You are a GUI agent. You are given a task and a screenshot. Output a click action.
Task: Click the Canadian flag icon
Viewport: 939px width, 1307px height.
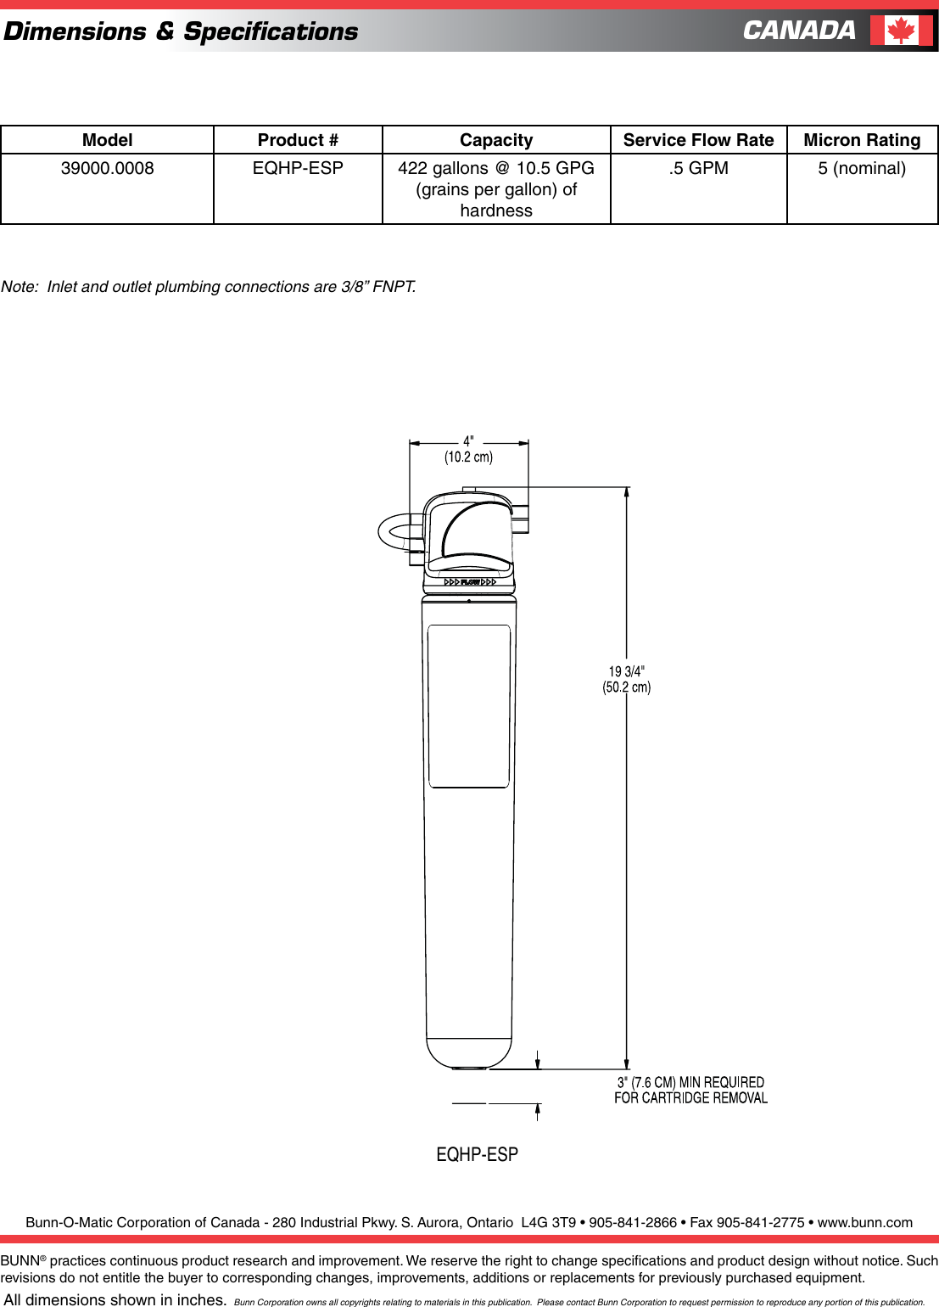point(901,31)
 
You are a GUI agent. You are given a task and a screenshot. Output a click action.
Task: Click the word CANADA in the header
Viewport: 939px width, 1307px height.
point(799,31)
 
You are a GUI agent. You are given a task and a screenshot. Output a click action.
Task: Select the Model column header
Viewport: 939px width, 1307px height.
point(107,140)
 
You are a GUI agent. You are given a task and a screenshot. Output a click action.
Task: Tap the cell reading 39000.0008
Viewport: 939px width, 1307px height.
point(107,168)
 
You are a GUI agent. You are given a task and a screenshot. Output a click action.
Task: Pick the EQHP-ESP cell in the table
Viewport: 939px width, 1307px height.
point(298,168)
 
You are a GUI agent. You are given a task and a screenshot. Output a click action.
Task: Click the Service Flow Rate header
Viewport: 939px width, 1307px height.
point(698,140)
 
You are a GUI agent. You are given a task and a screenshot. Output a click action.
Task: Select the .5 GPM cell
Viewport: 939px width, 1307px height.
point(698,168)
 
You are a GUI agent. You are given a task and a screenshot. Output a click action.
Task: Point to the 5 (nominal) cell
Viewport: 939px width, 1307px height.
point(862,168)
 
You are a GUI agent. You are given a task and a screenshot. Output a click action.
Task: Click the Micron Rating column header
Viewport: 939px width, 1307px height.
point(862,140)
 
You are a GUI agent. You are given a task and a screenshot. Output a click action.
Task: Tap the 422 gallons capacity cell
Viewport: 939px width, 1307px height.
point(496,189)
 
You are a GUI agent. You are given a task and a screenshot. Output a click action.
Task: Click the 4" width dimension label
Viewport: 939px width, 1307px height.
point(468,449)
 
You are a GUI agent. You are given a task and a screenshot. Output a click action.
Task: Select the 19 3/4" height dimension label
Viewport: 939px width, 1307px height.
point(627,679)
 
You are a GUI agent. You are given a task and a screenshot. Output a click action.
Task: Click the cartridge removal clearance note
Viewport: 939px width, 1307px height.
point(690,1090)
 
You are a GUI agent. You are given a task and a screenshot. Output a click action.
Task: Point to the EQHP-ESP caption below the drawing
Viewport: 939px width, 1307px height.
point(477,1154)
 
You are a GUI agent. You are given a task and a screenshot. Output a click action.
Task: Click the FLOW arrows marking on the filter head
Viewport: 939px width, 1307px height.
point(470,582)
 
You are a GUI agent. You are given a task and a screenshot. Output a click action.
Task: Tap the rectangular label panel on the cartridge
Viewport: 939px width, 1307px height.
point(469,706)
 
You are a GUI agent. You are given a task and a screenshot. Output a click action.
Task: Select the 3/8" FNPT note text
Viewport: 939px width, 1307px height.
point(208,287)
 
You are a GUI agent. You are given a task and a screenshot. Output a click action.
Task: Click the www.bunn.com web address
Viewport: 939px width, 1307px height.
point(864,1222)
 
